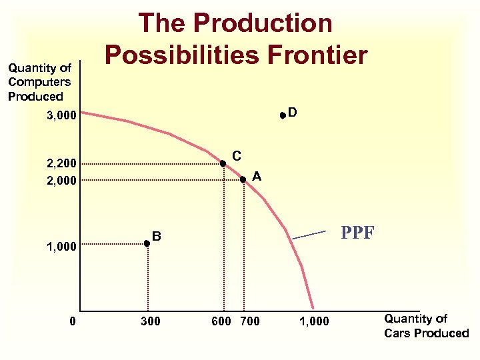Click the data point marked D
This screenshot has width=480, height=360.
coord(283,115)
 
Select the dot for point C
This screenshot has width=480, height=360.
coord(223,163)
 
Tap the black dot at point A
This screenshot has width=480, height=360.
coord(243,179)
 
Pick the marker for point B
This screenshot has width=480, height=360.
coord(147,244)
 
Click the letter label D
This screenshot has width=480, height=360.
coord(293,112)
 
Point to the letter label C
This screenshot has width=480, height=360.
coord(237,156)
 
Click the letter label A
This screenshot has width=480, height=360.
coord(257,176)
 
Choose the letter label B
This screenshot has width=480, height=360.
coord(157,236)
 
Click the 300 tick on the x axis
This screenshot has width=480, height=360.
coord(151,322)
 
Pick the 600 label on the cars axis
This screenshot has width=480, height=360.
coord(221,322)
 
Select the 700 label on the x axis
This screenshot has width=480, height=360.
coord(249,322)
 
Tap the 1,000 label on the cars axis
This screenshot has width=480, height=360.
coord(313,322)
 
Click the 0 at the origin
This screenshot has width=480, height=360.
coord(73,322)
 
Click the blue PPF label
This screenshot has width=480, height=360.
coord(358,233)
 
